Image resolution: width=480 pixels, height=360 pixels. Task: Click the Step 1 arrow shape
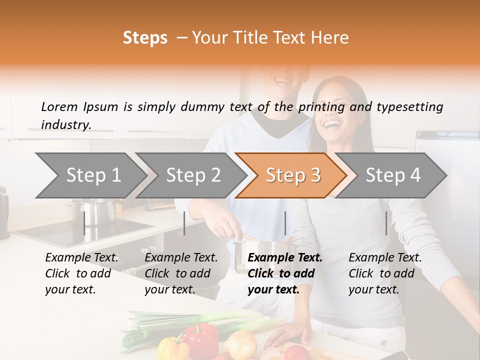click(90, 175)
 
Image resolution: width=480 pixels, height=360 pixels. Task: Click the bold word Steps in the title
click(145, 37)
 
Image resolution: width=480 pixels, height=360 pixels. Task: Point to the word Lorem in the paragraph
click(59, 106)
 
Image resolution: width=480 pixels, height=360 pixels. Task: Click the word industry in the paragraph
click(65, 125)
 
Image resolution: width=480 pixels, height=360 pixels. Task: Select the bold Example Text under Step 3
click(285, 258)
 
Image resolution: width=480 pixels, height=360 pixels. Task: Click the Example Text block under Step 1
click(81, 273)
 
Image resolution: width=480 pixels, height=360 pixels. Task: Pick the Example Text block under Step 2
click(181, 273)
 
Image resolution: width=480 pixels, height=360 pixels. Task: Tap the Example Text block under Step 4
click(385, 273)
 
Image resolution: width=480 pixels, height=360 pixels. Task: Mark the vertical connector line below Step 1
click(84, 223)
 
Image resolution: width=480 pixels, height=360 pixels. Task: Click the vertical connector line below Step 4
click(386, 223)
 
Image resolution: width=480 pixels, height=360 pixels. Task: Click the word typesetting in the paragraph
click(409, 106)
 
